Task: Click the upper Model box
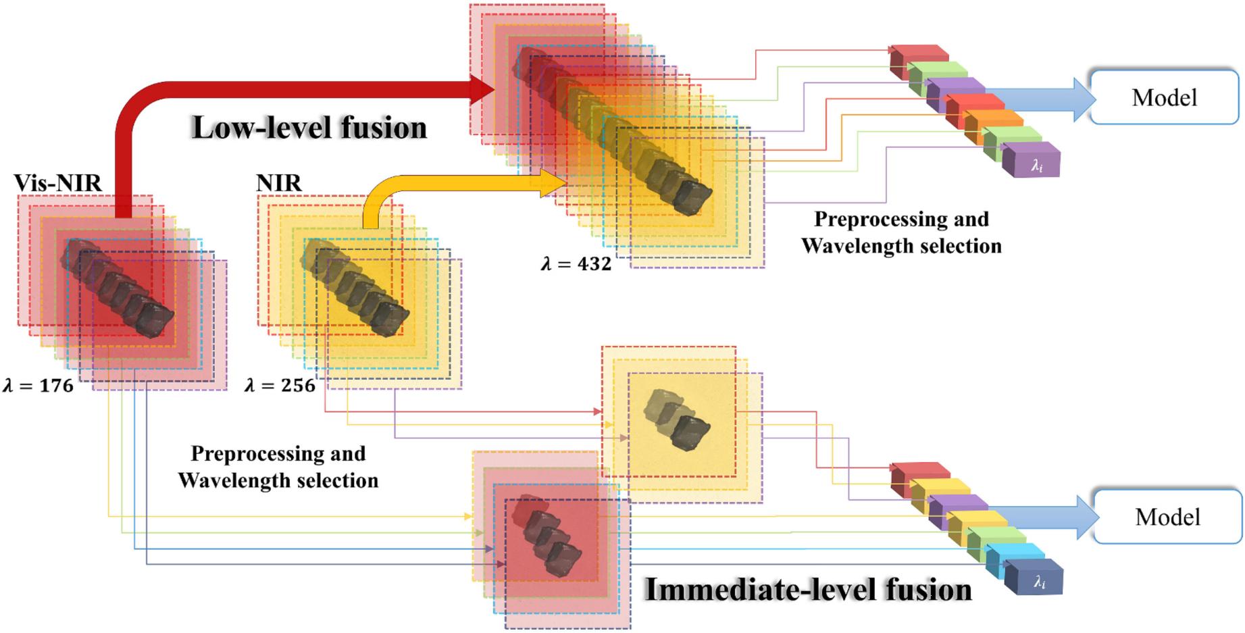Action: pos(1164,97)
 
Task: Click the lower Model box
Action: pos(1167,517)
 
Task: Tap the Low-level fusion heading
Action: pos(309,128)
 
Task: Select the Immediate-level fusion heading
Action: pos(808,589)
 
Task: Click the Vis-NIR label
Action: pos(58,182)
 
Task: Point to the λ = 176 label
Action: pos(39,386)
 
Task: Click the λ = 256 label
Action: pos(280,386)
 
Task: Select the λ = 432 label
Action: pos(576,263)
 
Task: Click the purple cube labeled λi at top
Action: pos(1032,161)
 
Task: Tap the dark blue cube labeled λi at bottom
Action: pos(1034,578)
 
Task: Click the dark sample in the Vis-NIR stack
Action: pos(118,287)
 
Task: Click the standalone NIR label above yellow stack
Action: pos(279,182)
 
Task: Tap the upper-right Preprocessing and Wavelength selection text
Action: pos(901,232)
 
